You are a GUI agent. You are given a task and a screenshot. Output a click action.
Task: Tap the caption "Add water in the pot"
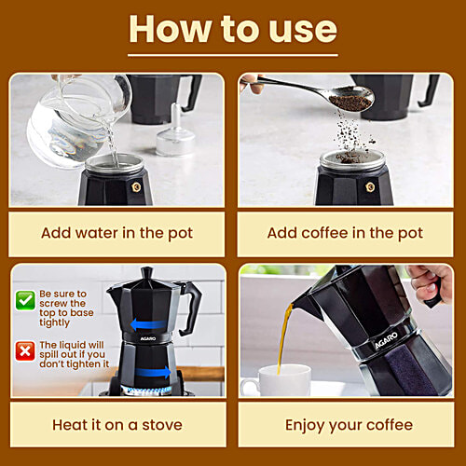[x=116, y=233]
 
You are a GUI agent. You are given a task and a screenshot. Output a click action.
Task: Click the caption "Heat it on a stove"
[x=116, y=425]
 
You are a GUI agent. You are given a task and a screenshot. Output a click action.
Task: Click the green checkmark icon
[x=25, y=300]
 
